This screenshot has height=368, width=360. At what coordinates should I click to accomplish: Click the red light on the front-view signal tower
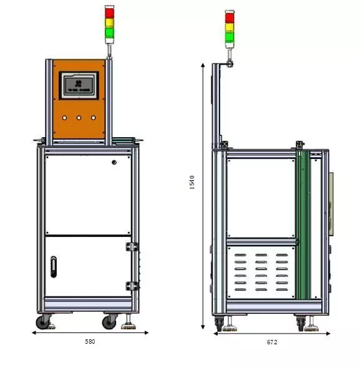[x=110, y=13]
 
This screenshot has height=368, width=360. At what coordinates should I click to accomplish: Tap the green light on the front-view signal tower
[x=110, y=31]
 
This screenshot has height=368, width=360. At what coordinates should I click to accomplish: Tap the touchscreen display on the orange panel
[x=79, y=84]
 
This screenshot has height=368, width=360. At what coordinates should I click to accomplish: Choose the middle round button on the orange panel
[x=79, y=117]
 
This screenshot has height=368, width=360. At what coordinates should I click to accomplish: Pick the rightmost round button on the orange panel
[x=94, y=117]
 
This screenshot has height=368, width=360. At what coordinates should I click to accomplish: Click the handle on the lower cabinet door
[x=54, y=266]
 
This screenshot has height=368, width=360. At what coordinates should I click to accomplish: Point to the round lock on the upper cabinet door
[x=114, y=163]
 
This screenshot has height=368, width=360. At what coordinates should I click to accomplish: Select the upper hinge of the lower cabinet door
[x=132, y=247]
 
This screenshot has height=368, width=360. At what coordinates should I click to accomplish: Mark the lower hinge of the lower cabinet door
[x=132, y=286]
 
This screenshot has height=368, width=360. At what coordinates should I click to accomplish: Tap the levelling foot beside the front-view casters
[x=129, y=322]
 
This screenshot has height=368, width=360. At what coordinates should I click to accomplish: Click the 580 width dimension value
[x=90, y=342]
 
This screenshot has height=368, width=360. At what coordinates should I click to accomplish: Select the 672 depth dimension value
[x=271, y=342]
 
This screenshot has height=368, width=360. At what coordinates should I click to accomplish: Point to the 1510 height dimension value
[x=193, y=183]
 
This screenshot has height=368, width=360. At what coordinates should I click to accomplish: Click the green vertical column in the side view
[x=303, y=231]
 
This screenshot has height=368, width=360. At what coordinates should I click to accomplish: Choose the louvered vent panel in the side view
[x=260, y=271]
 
